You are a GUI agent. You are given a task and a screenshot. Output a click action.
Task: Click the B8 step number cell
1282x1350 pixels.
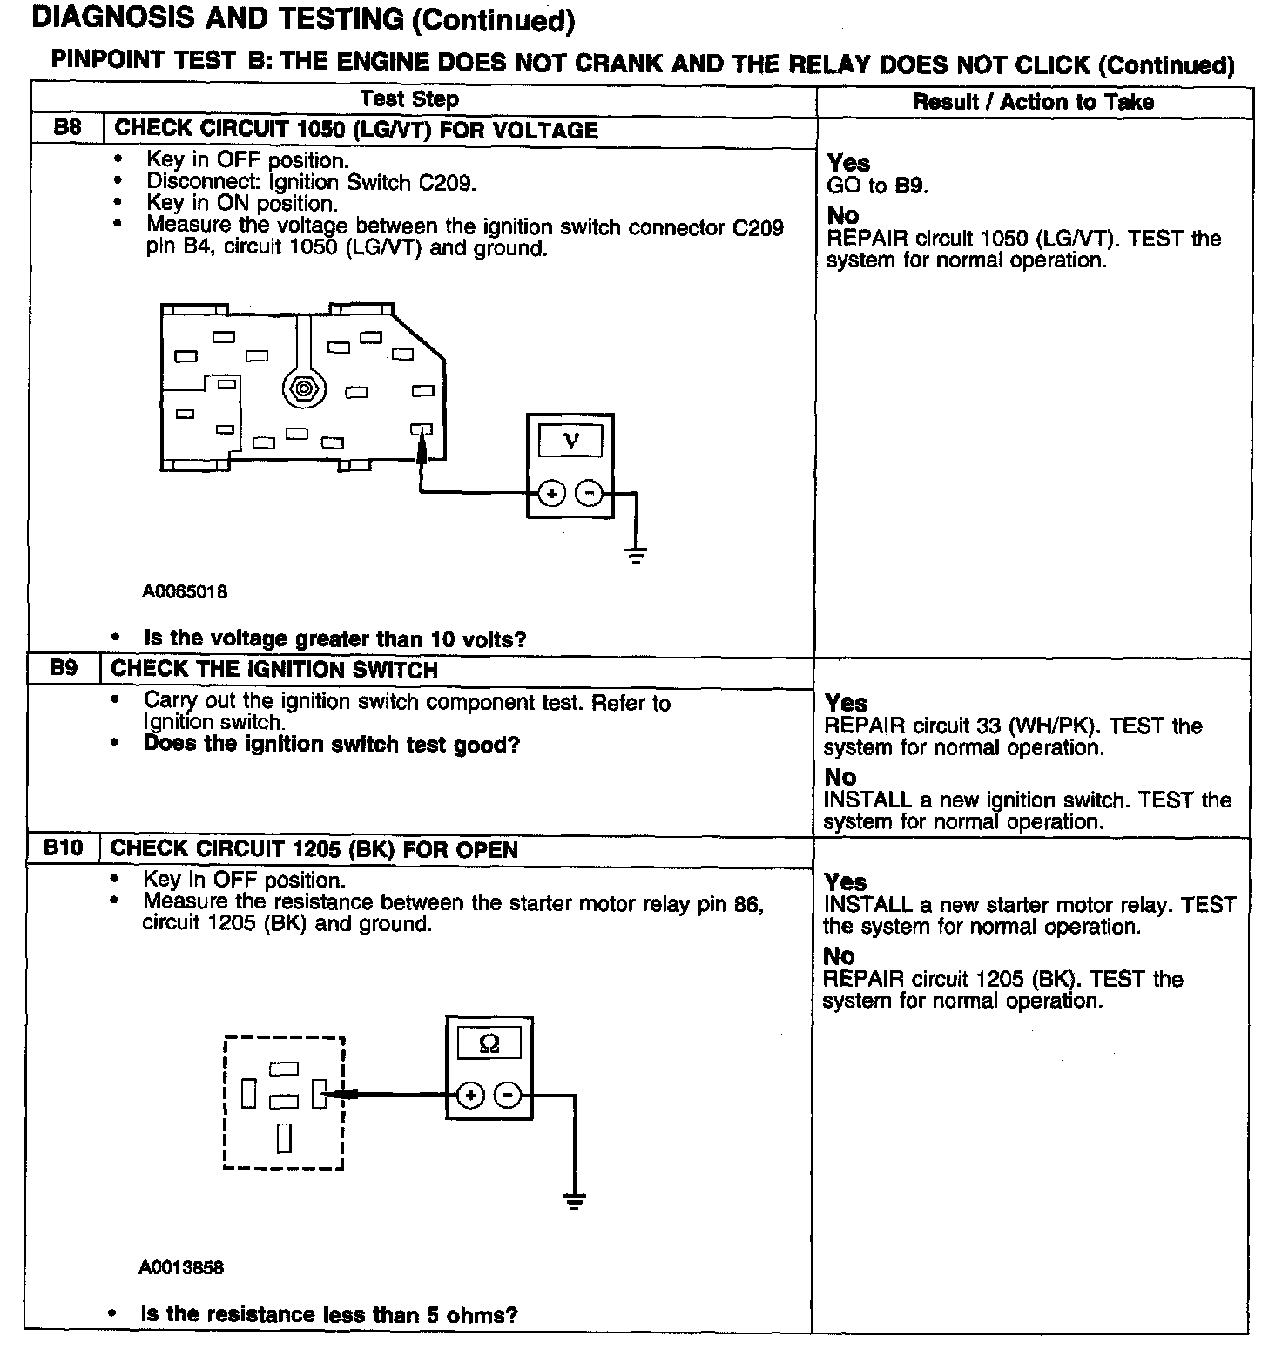pos(67,128)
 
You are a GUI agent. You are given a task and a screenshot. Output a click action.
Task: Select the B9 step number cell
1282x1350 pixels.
pos(64,669)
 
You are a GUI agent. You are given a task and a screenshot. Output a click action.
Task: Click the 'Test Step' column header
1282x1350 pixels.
pos(409,99)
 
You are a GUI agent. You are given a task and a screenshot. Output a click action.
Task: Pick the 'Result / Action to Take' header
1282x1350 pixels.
pos(1033,102)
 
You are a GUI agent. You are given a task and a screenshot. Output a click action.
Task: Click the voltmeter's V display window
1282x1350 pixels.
pos(570,440)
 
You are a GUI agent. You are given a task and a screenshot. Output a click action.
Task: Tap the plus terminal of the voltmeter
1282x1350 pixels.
pos(551,494)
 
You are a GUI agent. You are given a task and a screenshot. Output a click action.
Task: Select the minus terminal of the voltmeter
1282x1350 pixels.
pos(590,494)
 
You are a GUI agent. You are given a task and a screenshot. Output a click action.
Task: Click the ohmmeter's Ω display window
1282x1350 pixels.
pos(489,1043)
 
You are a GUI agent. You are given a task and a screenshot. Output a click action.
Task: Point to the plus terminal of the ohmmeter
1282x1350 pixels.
pos(470,1095)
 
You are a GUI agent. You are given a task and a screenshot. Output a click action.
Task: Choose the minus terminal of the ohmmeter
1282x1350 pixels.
pos(508,1095)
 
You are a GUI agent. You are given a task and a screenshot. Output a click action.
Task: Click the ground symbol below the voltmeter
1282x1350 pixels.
pos(637,555)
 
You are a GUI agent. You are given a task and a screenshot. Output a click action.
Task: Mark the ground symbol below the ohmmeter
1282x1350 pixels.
pos(574,1200)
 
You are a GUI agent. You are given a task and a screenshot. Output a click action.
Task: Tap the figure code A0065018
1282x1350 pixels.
pos(185,591)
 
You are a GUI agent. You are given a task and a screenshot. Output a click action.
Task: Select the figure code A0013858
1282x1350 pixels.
pos(181,1267)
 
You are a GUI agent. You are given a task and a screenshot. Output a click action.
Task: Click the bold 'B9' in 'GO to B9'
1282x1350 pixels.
pos(911,186)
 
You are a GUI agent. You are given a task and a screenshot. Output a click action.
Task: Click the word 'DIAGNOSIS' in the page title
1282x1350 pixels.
pos(118,19)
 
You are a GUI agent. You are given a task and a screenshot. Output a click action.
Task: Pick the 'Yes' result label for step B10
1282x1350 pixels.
pos(846,881)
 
